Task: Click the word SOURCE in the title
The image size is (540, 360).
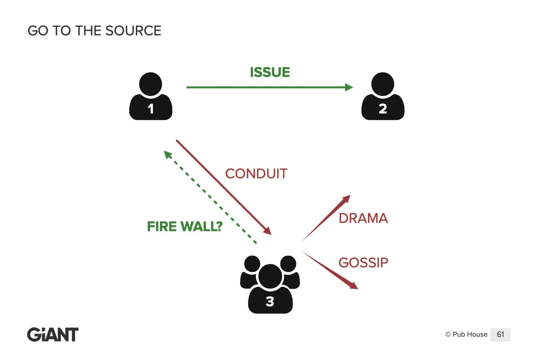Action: [133, 31]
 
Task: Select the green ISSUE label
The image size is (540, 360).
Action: [270, 72]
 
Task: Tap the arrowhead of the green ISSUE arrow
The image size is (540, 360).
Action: [349, 87]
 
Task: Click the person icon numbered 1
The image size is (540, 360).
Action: [151, 96]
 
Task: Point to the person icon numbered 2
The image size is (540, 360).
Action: [383, 96]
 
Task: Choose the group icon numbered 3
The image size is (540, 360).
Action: [270, 284]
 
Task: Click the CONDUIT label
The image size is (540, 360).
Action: [256, 174]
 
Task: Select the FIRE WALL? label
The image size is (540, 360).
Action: [185, 226]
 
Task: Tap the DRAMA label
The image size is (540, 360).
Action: [363, 218]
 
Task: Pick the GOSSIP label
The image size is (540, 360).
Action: [363, 262]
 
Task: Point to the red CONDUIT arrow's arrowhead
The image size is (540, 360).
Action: [268, 231]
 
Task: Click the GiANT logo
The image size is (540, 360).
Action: [52, 334]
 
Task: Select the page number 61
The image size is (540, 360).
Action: [500, 334]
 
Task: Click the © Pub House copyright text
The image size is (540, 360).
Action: [466, 334]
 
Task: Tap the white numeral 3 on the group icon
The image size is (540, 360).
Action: [270, 302]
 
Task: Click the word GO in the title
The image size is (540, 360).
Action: [38, 31]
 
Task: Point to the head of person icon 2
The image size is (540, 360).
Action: [383, 84]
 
